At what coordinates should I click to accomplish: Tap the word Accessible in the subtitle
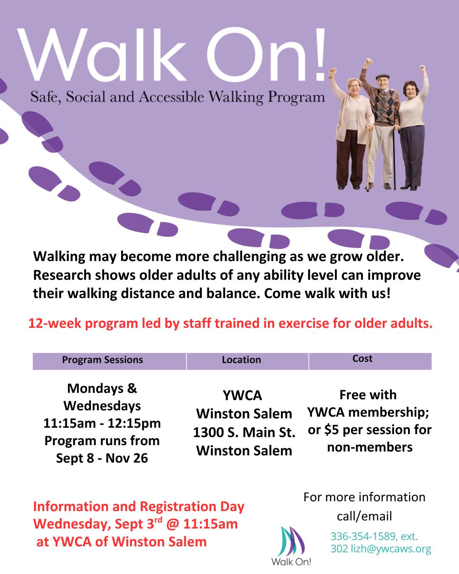point(171,97)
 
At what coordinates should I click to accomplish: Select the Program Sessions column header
point(102,360)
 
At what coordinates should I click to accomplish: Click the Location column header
point(241,360)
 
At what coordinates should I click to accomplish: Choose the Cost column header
point(362,358)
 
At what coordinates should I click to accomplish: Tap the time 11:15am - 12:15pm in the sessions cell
point(102,423)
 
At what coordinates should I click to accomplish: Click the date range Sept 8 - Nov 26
point(102,458)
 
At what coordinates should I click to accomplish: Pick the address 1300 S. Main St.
point(244,432)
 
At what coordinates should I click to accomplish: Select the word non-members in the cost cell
point(370,447)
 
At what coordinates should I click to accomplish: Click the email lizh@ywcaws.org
point(391,548)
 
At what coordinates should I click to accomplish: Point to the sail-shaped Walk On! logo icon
point(291,541)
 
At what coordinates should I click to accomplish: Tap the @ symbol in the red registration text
point(172,524)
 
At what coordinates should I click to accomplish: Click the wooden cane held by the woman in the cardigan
point(368,158)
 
